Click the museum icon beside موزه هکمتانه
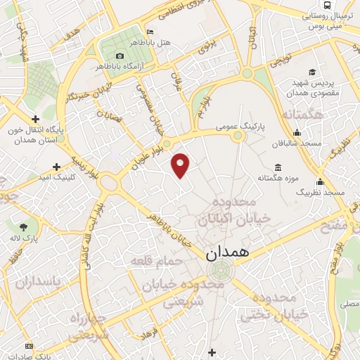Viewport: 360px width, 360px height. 278,167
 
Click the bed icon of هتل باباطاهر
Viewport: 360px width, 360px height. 149,32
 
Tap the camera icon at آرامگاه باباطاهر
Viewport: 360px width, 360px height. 120,56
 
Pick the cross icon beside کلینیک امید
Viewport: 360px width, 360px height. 57,167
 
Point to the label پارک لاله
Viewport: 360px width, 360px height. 25,238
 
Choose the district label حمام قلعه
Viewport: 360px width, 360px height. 156,261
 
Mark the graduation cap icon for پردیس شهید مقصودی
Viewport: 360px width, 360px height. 311,72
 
